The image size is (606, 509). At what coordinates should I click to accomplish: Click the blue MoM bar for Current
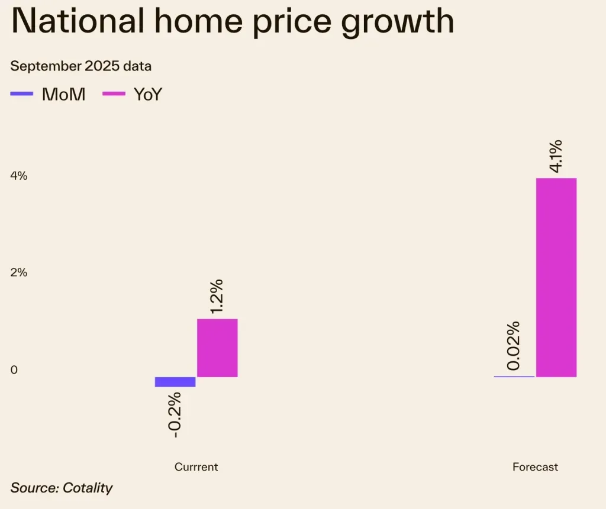(175, 382)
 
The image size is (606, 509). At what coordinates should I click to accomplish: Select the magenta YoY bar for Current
(217, 348)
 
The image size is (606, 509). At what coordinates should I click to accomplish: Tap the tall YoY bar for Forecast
(556, 277)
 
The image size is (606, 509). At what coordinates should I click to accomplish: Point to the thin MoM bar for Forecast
(514, 377)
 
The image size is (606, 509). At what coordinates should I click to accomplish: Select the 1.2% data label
(217, 296)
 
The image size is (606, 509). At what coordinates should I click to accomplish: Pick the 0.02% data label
(513, 346)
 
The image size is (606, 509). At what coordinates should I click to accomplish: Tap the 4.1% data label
(556, 156)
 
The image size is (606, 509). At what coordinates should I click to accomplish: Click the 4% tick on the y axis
(18, 176)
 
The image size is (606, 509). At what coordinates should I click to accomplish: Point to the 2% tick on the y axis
(18, 273)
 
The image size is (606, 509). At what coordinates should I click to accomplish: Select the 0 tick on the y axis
(14, 370)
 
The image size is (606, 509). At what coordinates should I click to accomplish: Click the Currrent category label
(196, 467)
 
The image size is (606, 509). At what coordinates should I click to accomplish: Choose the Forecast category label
(535, 467)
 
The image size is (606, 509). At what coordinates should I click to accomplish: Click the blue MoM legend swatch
(22, 94)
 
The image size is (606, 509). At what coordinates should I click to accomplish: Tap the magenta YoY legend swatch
(114, 94)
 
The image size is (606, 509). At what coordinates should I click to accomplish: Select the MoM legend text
(63, 95)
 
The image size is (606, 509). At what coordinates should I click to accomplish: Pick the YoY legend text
(147, 95)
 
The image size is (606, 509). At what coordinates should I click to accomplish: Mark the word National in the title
(78, 21)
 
